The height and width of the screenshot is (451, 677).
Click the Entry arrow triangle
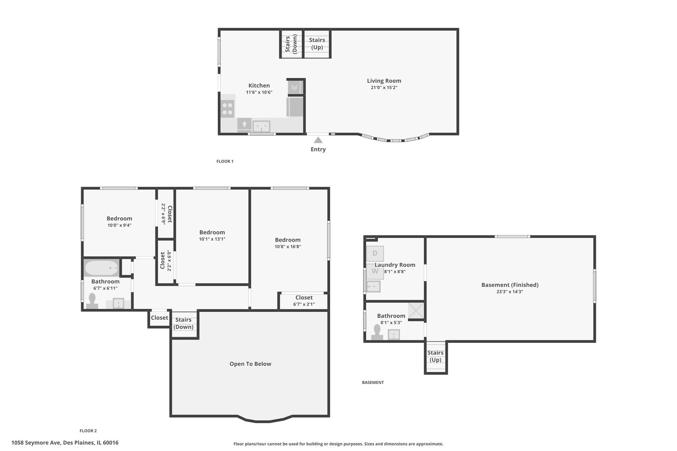point(318,140)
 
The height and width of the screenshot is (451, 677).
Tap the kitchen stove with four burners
point(228,109)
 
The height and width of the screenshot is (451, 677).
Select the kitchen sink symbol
point(262,126)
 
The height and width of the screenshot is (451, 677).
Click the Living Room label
point(384,81)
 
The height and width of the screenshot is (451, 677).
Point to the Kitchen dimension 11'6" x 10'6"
point(259,92)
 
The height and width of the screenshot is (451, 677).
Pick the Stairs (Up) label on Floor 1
point(317,43)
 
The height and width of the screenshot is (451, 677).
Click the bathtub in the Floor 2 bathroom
point(102,268)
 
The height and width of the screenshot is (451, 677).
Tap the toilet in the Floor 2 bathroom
point(92,301)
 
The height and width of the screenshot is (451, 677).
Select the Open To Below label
point(250,364)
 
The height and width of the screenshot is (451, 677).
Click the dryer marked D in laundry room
point(375,253)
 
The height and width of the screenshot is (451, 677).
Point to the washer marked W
point(375,271)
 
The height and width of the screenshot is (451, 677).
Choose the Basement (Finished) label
point(510,285)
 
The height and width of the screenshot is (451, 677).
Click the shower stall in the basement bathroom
point(416,311)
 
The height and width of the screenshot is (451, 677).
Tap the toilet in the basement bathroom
point(377,332)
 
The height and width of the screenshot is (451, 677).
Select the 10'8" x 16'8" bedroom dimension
point(288,246)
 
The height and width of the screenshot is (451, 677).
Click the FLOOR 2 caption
point(88,431)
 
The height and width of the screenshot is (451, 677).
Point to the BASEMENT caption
point(373,383)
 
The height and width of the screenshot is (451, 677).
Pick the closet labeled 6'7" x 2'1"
point(304,301)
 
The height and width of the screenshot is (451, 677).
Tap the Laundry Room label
point(395,265)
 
